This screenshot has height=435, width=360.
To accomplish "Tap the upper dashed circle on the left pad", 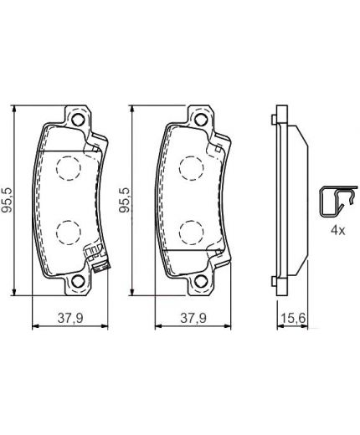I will [66, 171].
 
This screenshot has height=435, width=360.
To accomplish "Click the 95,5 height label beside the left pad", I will [8, 201].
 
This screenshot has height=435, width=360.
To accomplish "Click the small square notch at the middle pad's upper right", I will [220, 149].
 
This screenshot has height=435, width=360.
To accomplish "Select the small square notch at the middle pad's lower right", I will [220, 252].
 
